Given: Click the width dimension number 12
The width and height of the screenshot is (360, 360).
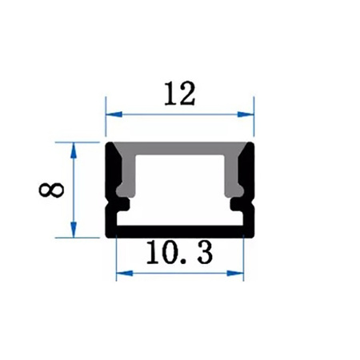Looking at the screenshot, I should pyautogui.click(x=180, y=94).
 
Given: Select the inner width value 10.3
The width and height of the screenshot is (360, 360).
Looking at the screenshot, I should pyautogui.click(x=179, y=254).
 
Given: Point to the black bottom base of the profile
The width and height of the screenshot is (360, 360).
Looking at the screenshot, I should pyautogui.click(x=180, y=234).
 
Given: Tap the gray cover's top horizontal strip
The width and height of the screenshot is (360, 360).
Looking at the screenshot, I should pyautogui.click(x=180, y=150).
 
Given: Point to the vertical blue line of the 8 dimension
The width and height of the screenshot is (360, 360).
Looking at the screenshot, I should pyautogui.click(x=73, y=190).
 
